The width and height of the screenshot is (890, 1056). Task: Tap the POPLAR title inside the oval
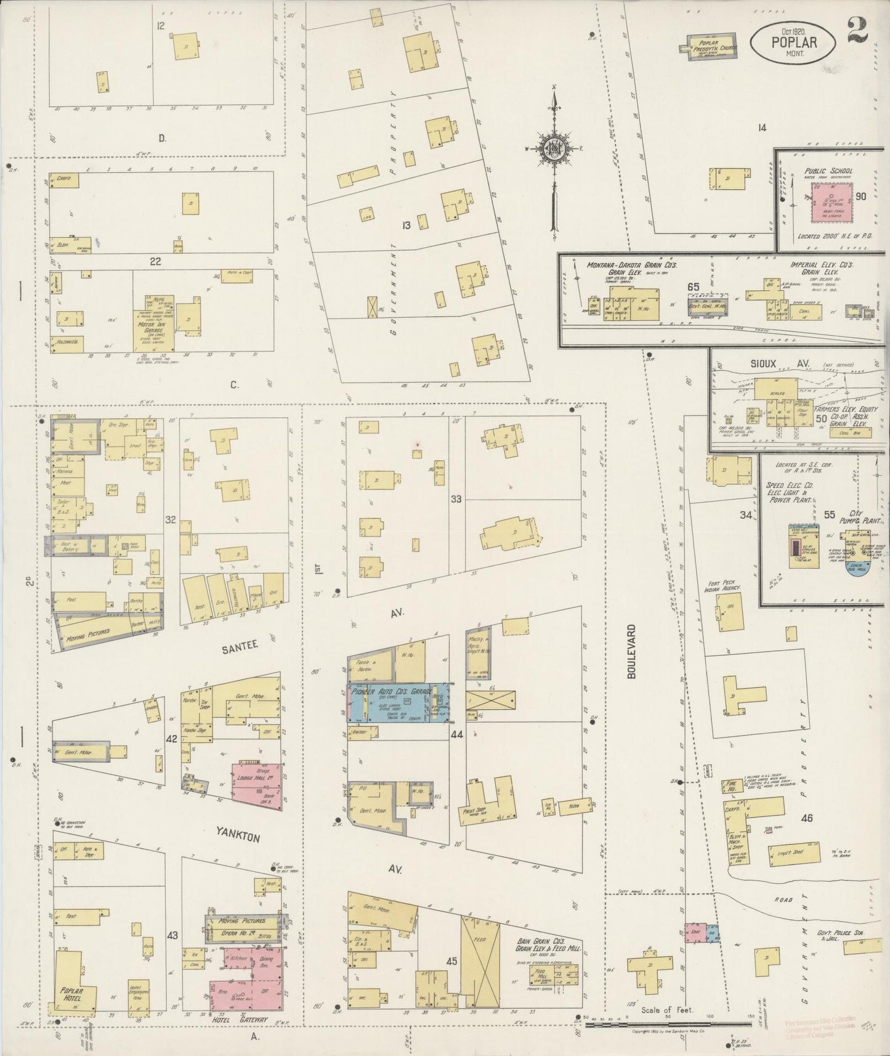[793, 43]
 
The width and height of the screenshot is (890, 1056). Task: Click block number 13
[406, 225]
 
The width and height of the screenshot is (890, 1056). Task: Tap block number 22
[155, 261]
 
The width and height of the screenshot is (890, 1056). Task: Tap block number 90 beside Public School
[860, 197]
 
